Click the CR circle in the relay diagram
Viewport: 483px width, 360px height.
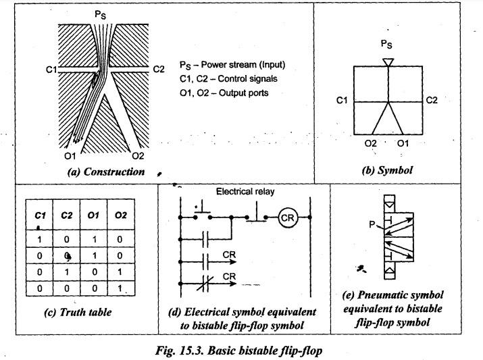click(x=286, y=218)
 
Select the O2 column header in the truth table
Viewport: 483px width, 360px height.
click(x=121, y=215)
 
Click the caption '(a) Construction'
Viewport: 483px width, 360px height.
click(x=106, y=172)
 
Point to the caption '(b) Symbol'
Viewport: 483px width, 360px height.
click(x=387, y=171)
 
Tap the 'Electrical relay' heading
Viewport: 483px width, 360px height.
click(x=245, y=192)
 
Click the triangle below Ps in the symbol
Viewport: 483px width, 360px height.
click(x=387, y=62)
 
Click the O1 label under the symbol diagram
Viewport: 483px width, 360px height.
click(x=403, y=143)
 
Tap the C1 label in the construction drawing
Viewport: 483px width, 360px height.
click(x=50, y=69)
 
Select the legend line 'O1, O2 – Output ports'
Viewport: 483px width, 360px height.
click(x=224, y=92)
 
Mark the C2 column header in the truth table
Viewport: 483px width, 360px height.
click(x=66, y=215)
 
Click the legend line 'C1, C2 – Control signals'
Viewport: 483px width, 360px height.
click(x=228, y=79)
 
